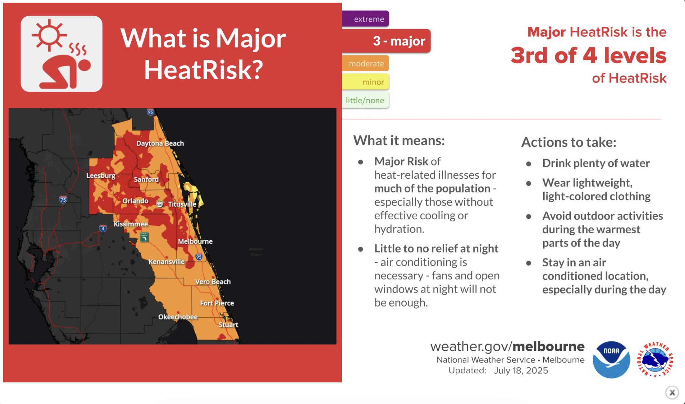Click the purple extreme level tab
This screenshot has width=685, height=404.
click(x=365, y=19)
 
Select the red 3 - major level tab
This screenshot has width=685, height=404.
click(x=386, y=41)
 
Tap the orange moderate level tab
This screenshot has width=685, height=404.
click(x=366, y=63)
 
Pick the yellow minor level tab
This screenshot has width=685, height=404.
click(x=366, y=82)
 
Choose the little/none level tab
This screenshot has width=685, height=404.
click(x=365, y=100)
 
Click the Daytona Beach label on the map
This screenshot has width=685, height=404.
click(x=160, y=143)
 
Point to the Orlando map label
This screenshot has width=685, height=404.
click(x=135, y=201)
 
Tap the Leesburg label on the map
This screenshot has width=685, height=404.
click(x=101, y=176)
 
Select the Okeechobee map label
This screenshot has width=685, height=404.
click(x=178, y=317)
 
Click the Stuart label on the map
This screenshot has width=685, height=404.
click(x=228, y=325)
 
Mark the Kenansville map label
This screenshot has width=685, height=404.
click(x=166, y=262)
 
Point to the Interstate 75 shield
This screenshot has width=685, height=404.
click(x=63, y=199)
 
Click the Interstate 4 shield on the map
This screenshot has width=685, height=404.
click(x=103, y=228)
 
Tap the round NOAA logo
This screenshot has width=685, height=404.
click(x=611, y=360)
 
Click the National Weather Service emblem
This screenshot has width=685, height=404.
click(x=655, y=360)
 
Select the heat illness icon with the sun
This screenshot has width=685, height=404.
click(x=62, y=54)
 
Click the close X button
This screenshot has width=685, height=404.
click(x=672, y=392)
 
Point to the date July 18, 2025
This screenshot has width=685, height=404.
click(x=521, y=371)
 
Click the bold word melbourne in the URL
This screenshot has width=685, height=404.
click(x=548, y=346)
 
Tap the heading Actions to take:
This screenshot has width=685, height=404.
click(x=569, y=142)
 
